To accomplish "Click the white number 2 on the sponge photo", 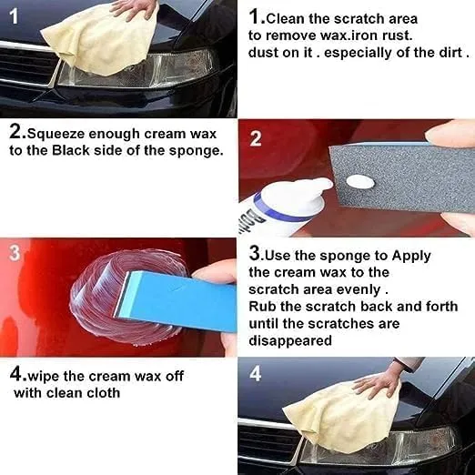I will [256, 139].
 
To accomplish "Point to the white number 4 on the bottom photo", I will [256, 373].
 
